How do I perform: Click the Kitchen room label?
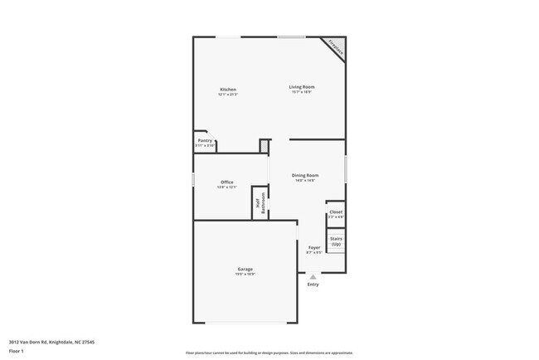228,90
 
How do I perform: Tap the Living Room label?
302,87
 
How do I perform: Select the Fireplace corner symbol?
336,48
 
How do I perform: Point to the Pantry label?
205,141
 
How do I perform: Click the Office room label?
227,182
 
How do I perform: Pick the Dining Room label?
305,175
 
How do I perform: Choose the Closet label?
336,212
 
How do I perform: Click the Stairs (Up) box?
336,242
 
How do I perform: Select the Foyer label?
313,247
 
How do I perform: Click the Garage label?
245,270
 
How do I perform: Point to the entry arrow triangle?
313,277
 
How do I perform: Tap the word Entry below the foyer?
313,285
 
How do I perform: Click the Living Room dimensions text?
302,92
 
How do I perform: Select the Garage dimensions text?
245,275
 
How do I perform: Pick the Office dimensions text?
227,187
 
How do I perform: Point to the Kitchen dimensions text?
228,95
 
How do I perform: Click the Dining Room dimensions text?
305,180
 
